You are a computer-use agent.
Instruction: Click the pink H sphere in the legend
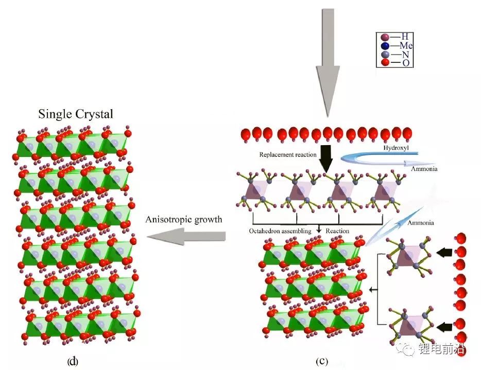pos(384,37)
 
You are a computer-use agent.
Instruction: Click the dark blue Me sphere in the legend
pos(384,45)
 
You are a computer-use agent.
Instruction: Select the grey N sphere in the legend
pos(384,54)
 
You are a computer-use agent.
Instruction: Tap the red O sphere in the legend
pos(384,63)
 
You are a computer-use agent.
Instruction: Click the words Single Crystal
pos(75,114)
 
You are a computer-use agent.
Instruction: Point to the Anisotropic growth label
pos(183,220)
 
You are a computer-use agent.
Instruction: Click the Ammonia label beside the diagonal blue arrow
pos(420,223)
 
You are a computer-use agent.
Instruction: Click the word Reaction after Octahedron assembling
pos(338,231)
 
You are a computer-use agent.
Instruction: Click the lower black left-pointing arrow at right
pos(444,326)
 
